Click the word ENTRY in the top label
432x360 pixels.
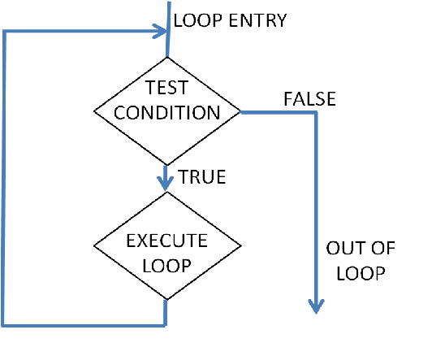tap(257, 20)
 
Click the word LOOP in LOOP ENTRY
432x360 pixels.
tap(198, 20)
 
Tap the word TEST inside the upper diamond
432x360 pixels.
tap(166, 88)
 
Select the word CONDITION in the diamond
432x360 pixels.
tap(167, 112)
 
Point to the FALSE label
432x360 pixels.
tap(309, 98)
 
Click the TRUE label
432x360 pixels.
tap(202, 176)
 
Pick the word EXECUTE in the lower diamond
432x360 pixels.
tap(166, 241)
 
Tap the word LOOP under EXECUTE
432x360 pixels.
tap(166, 266)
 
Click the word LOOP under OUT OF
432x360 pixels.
tap(361, 273)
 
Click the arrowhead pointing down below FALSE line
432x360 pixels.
tap(316, 306)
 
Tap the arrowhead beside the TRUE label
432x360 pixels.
tap(166, 184)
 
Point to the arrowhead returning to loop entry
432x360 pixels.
tap(160, 31)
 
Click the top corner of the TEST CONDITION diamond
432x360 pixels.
tap(167, 58)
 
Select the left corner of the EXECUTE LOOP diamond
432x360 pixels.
tap(94, 245)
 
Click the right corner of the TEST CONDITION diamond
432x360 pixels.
tap(241, 111)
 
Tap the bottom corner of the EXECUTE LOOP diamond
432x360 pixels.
tap(167, 299)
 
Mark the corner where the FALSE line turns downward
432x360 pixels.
tap(317, 112)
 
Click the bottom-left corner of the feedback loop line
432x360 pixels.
tap(2, 326)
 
